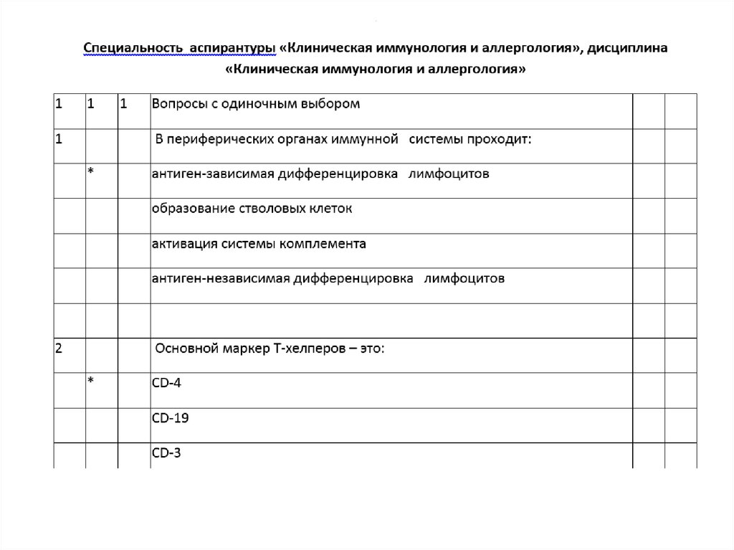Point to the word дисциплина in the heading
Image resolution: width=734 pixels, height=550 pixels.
(x=630, y=48)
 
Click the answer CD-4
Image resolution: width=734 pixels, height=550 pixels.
(x=167, y=383)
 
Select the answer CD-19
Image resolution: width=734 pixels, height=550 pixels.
(x=171, y=417)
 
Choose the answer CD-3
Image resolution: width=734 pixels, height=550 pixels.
(x=167, y=452)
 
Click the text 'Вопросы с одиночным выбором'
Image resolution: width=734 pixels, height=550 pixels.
(x=255, y=104)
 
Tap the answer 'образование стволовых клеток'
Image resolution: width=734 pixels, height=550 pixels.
(x=252, y=209)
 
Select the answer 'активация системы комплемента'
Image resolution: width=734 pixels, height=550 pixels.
(x=259, y=244)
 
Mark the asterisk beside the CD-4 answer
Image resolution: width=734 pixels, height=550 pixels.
(x=91, y=381)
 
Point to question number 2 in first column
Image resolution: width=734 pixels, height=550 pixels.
(x=59, y=349)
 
